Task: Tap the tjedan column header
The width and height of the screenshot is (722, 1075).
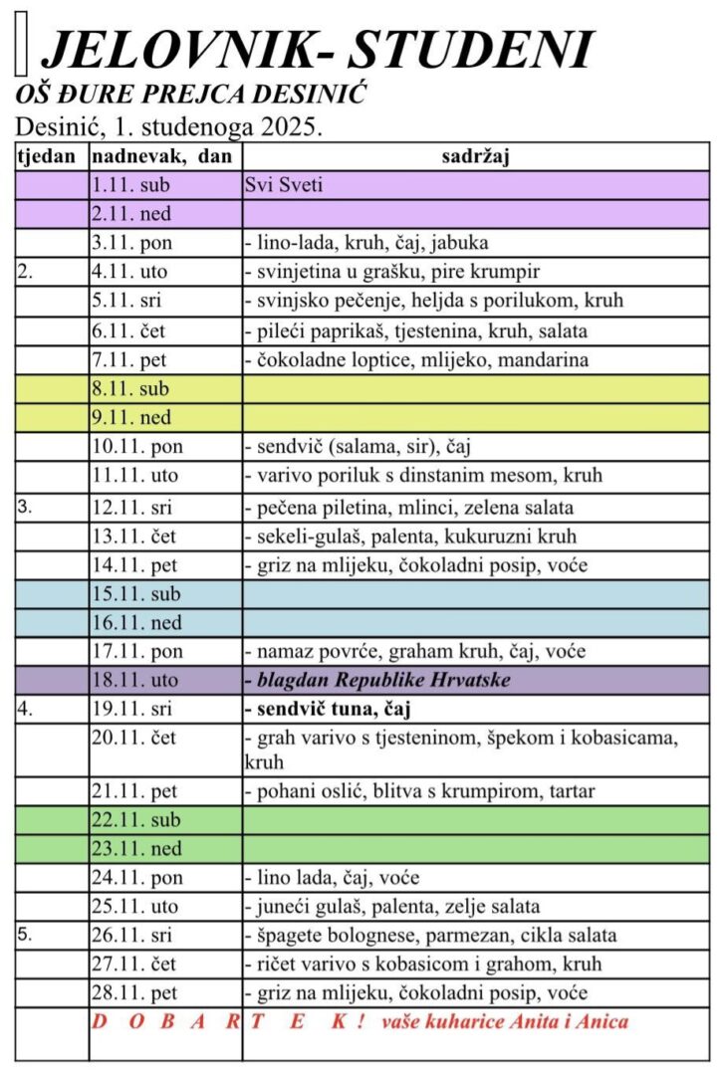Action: pos(48,156)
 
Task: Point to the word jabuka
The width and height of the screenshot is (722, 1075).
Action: pos(457,243)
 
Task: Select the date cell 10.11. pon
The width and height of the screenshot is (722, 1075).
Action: pos(135,447)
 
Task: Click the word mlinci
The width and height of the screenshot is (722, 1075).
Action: pos(422,508)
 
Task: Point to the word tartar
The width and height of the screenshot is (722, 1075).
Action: pos(565,792)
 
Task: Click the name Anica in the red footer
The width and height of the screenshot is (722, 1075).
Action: pos(602,1022)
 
